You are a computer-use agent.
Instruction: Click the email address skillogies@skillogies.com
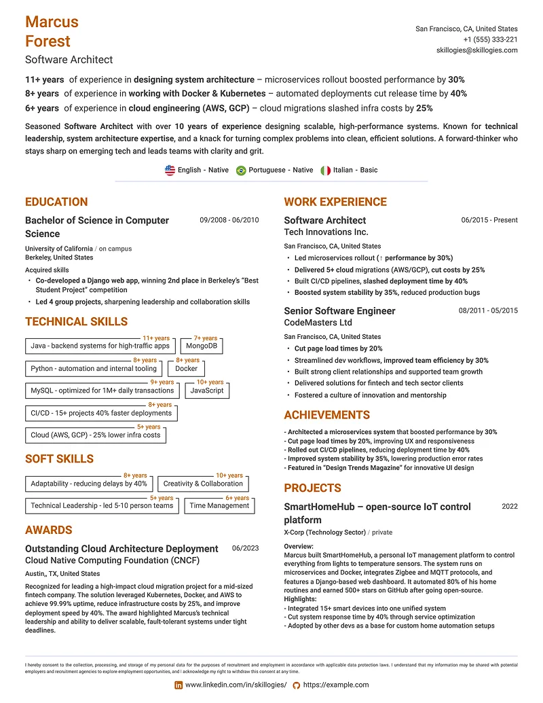(x=476, y=51)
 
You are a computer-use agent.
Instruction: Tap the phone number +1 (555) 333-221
(x=490, y=40)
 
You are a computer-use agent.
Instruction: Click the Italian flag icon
(x=326, y=170)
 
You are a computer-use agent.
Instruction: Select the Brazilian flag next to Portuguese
(x=240, y=170)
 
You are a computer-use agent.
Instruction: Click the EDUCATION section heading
(x=56, y=202)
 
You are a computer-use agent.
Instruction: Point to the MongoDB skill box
(x=201, y=346)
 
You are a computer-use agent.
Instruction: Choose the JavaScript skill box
(x=206, y=391)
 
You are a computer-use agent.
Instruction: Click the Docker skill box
(x=186, y=369)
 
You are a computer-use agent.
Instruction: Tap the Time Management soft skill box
(x=219, y=506)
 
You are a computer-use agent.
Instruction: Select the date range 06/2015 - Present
(x=489, y=220)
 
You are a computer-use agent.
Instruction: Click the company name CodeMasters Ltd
(x=318, y=323)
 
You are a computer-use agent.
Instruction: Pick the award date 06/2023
(x=245, y=548)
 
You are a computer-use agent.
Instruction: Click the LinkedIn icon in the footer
(x=179, y=685)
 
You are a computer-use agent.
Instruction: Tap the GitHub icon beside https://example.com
(x=296, y=685)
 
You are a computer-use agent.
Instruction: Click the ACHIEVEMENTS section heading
(x=326, y=415)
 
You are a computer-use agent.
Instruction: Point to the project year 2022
(x=509, y=507)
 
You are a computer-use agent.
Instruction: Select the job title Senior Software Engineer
(x=339, y=310)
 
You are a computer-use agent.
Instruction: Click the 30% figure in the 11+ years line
(x=456, y=79)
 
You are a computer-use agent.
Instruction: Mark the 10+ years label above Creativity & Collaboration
(x=229, y=475)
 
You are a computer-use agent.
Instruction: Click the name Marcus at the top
(x=52, y=22)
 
